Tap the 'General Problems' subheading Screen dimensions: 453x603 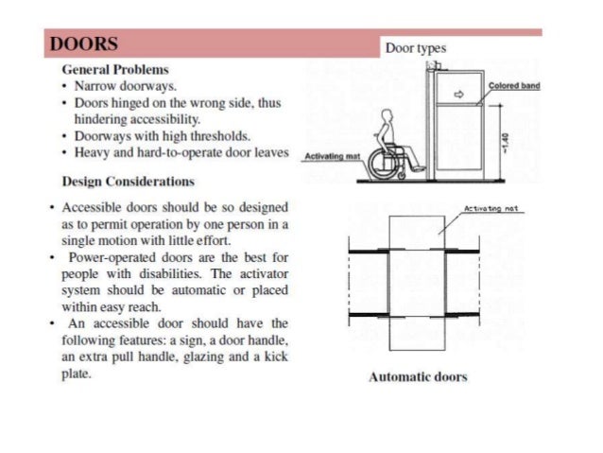click(x=115, y=70)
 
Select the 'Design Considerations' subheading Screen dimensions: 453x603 click(x=128, y=181)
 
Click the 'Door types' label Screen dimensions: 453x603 click(x=417, y=48)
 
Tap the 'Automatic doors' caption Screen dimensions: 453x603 click(x=418, y=377)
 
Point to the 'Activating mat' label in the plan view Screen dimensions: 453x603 click(x=490, y=209)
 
